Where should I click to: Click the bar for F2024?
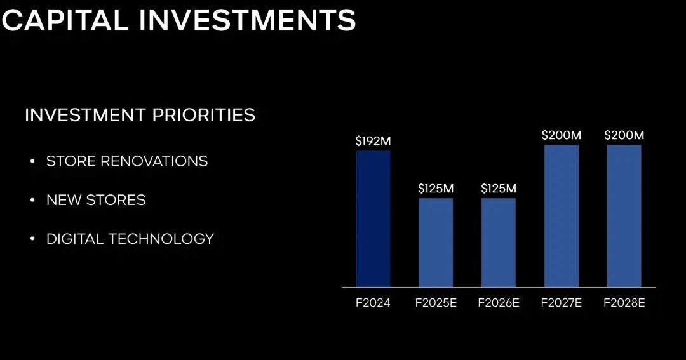point(373,218)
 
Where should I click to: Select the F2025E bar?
point(436,243)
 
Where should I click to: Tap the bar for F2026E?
point(499,243)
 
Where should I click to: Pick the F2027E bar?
point(562,216)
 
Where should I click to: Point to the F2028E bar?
point(624,216)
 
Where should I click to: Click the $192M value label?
point(373,141)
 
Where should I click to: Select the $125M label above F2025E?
point(436,189)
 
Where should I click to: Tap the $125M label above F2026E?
point(499,189)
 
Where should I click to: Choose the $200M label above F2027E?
point(562,135)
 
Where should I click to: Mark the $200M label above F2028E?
point(624,135)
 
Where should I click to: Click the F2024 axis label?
point(373,303)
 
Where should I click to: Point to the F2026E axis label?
point(499,303)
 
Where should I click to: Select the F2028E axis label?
point(624,303)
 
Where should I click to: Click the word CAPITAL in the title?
point(65,20)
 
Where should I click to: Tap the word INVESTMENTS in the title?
point(247,20)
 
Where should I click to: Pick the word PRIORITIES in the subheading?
point(204,115)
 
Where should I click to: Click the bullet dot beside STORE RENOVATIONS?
point(32,161)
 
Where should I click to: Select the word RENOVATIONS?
point(154,161)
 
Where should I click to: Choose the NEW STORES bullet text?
point(97,200)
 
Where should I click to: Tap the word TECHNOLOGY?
point(161,239)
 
